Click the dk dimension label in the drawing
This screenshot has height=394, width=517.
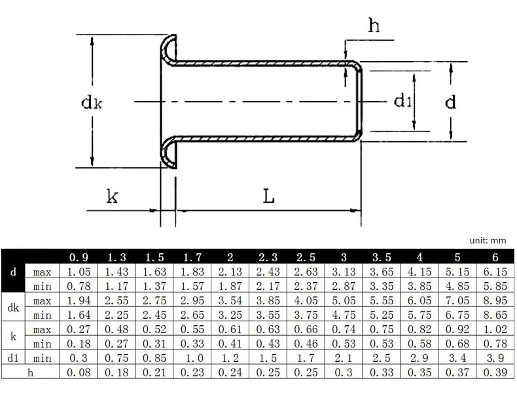[92, 102]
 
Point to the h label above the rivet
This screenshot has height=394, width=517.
[374, 26]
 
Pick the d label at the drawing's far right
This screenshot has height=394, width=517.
[450, 101]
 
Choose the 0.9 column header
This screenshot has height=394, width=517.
[79, 257]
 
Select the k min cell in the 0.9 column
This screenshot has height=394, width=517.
[79, 344]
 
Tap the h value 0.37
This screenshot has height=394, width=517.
[457, 372]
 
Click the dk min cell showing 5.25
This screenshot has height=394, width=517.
[382, 315]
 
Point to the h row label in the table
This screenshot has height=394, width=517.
[30, 372]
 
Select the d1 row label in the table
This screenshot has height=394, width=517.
[13, 358]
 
